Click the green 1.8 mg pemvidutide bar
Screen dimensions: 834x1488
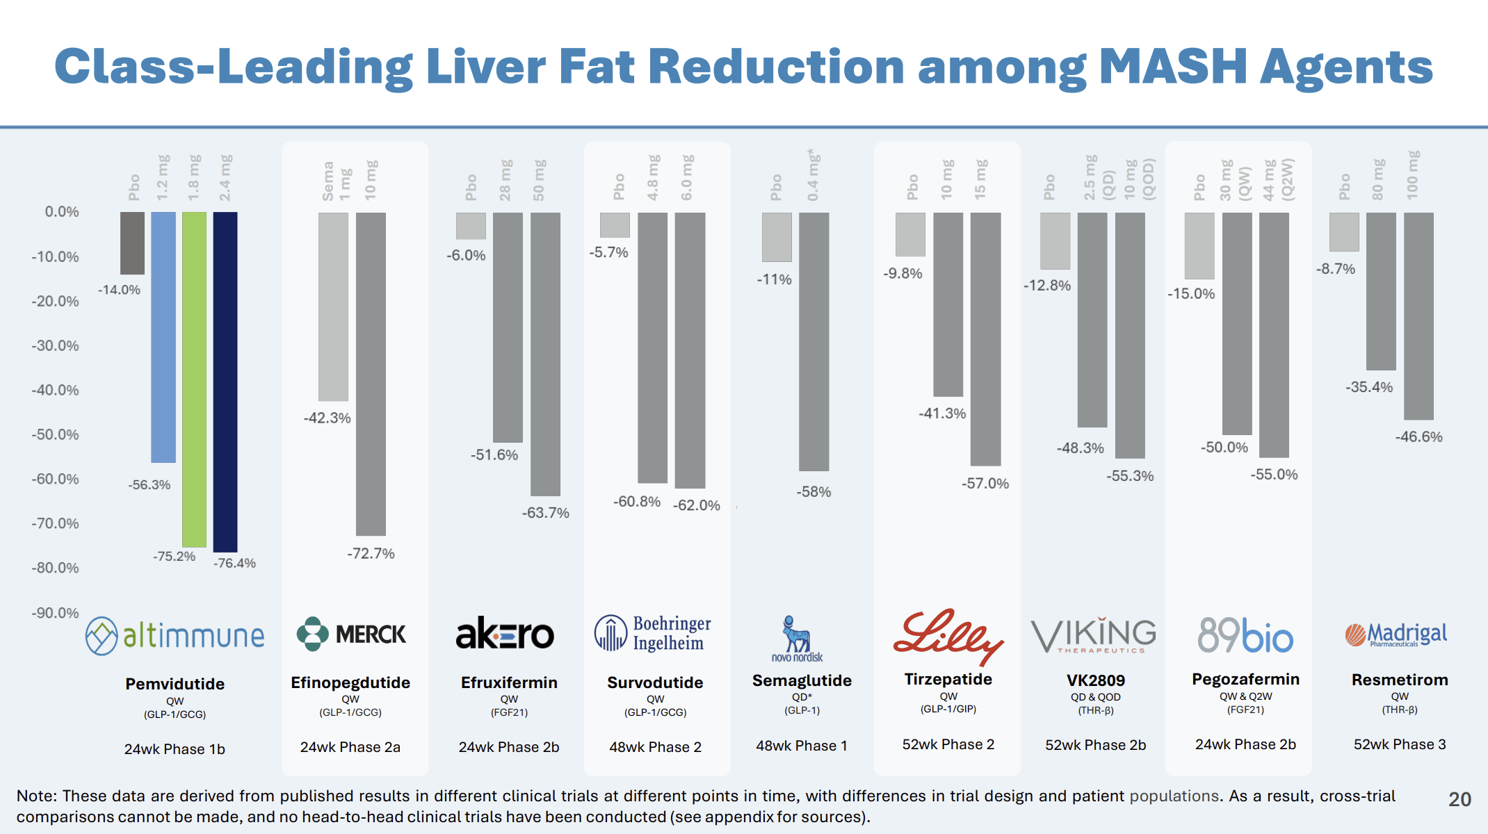pos(194,379)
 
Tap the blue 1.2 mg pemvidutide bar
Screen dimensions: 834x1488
pos(163,337)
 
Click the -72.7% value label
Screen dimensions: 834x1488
pos(371,554)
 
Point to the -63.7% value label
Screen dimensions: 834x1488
pos(546,513)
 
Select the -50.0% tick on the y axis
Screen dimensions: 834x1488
pos(55,434)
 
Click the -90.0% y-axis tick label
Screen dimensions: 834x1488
pos(55,613)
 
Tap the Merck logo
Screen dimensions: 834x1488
pos(351,634)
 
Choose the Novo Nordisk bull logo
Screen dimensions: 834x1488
pos(797,638)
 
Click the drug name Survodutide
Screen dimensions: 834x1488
pos(655,682)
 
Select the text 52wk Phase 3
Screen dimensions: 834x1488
pos(1399,744)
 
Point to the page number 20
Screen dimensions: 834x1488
pos(1459,799)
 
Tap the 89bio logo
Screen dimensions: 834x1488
pos(1245,635)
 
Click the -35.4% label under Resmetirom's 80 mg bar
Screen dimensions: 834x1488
pos(1368,387)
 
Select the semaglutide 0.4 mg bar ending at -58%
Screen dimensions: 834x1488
pos(814,341)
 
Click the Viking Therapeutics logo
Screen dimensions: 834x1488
pos(1094,635)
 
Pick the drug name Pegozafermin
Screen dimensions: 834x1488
pos(1245,679)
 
